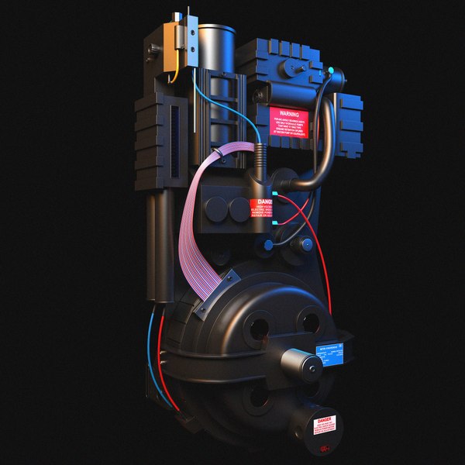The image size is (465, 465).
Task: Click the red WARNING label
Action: [x=289, y=122]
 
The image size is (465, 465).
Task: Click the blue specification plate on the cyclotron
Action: [x=332, y=355]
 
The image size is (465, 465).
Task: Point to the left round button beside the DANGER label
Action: [x=218, y=208]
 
